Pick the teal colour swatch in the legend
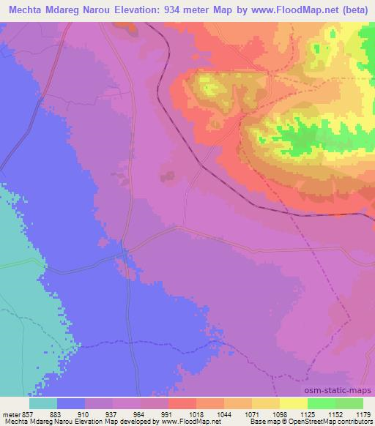42,404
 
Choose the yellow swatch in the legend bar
293,404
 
